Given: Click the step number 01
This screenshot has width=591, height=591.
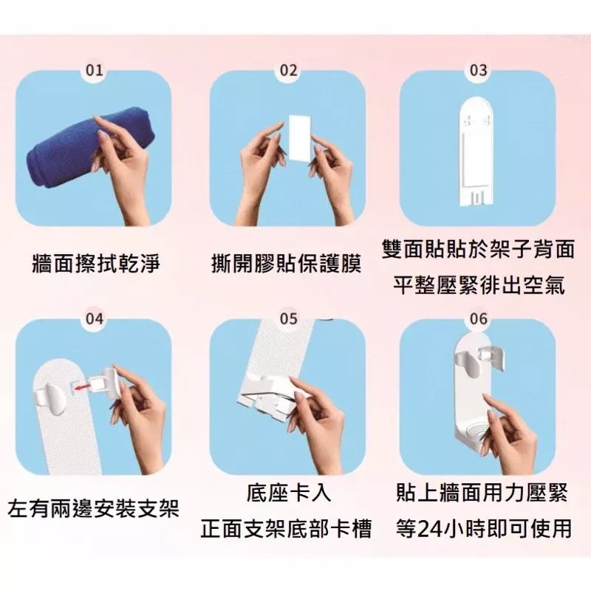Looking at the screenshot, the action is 95,70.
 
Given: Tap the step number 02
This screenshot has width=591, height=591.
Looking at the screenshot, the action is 288,70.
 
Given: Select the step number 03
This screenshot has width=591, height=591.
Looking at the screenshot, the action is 478,70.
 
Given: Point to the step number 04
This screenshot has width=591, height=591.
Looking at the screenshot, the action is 95,319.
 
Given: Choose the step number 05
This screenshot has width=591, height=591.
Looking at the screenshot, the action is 288,319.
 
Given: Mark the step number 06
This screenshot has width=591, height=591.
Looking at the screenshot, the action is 478,319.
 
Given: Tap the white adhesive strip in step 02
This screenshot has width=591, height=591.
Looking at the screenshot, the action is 300,138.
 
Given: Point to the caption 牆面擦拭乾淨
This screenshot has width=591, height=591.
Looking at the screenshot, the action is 96,263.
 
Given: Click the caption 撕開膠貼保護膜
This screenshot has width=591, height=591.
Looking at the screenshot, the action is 286,263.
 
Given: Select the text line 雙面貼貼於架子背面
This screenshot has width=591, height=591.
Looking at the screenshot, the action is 478,249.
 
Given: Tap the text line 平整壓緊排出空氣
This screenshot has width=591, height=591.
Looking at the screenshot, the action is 478,285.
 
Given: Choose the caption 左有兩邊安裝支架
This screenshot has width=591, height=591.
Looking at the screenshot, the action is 93,508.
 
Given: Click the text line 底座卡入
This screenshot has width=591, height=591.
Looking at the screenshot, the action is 288,493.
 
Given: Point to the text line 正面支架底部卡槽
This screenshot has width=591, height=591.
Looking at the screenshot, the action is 286,528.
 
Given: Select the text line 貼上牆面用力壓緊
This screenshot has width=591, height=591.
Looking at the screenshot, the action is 482,493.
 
